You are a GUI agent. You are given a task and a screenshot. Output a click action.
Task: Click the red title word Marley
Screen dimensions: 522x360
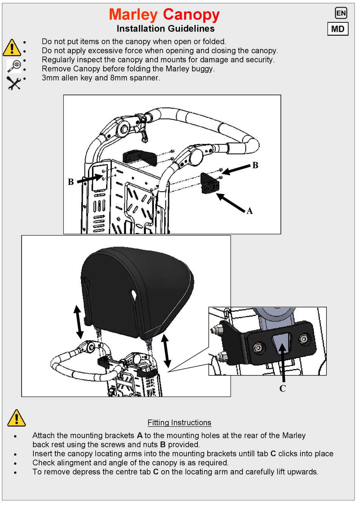click(133, 15)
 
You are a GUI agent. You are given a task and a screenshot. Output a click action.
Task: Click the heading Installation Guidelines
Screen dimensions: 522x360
click(165, 29)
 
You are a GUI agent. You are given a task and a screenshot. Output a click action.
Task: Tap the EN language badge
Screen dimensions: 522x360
click(341, 13)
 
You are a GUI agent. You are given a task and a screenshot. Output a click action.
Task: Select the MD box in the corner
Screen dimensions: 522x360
click(338, 29)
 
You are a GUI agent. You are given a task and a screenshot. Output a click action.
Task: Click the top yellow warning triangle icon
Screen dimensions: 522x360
click(12, 48)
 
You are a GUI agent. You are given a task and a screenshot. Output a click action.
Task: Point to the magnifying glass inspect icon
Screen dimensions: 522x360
click(14, 66)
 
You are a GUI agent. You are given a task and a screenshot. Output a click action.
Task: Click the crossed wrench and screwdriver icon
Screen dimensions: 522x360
click(14, 83)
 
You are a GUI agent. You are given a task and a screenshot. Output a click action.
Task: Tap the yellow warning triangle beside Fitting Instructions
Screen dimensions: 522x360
click(16, 418)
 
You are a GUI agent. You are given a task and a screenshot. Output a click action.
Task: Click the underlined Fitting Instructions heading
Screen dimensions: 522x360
click(179, 423)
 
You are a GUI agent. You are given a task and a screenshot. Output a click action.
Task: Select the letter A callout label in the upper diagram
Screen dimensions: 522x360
click(249, 211)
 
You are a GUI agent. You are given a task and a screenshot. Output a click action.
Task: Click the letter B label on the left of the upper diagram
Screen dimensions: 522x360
click(71, 182)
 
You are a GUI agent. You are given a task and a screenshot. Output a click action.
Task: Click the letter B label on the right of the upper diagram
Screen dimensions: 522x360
click(255, 166)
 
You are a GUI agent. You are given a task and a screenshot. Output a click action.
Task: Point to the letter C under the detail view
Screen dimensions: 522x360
click(282, 389)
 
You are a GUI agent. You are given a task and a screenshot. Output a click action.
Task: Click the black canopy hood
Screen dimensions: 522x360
click(136, 288)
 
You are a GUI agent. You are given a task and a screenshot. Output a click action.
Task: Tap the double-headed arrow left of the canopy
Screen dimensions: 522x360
click(78, 322)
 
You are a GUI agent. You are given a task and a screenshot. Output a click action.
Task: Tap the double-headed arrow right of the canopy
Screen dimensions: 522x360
click(166, 351)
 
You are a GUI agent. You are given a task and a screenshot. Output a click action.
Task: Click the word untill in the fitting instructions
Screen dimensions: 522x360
click(256, 454)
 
